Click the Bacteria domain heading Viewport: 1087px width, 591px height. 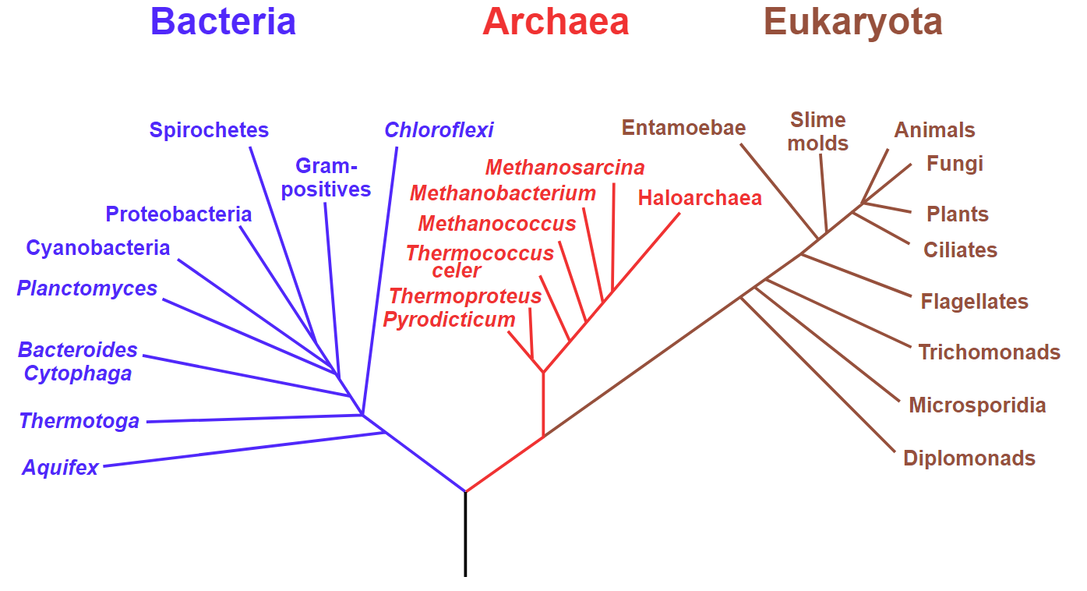click(x=223, y=22)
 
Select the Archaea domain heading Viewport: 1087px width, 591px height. click(x=556, y=22)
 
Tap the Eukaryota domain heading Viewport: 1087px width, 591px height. click(x=853, y=23)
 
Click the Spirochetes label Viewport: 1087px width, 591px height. click(x=209, y=129)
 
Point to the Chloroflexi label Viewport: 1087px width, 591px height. click(x=439, y=129)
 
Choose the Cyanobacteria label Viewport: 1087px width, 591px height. click(x=98, y=248)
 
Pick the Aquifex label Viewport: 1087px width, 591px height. click(x=60, y=468)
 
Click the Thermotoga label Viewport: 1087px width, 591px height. click(x=79, y=421)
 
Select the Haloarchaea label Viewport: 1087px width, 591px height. click(x=700, y=198)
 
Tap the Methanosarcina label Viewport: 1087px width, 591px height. click(x=565, y=168)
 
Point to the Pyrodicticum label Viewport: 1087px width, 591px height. click(x=449, y=320)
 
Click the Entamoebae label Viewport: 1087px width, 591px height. click(x=683, y=128)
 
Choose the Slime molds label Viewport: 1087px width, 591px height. click(x=817, y=132)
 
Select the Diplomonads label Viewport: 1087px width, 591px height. click(x=969, y=458)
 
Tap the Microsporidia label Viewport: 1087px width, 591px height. click(x=977, y=405)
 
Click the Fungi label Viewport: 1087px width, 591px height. click(x=955, y=164)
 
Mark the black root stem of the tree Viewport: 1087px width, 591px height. click(x=465, y=534)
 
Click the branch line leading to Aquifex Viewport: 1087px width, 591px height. click(x=245, y=449)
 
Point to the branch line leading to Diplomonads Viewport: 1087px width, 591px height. click(x=817, y=374)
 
